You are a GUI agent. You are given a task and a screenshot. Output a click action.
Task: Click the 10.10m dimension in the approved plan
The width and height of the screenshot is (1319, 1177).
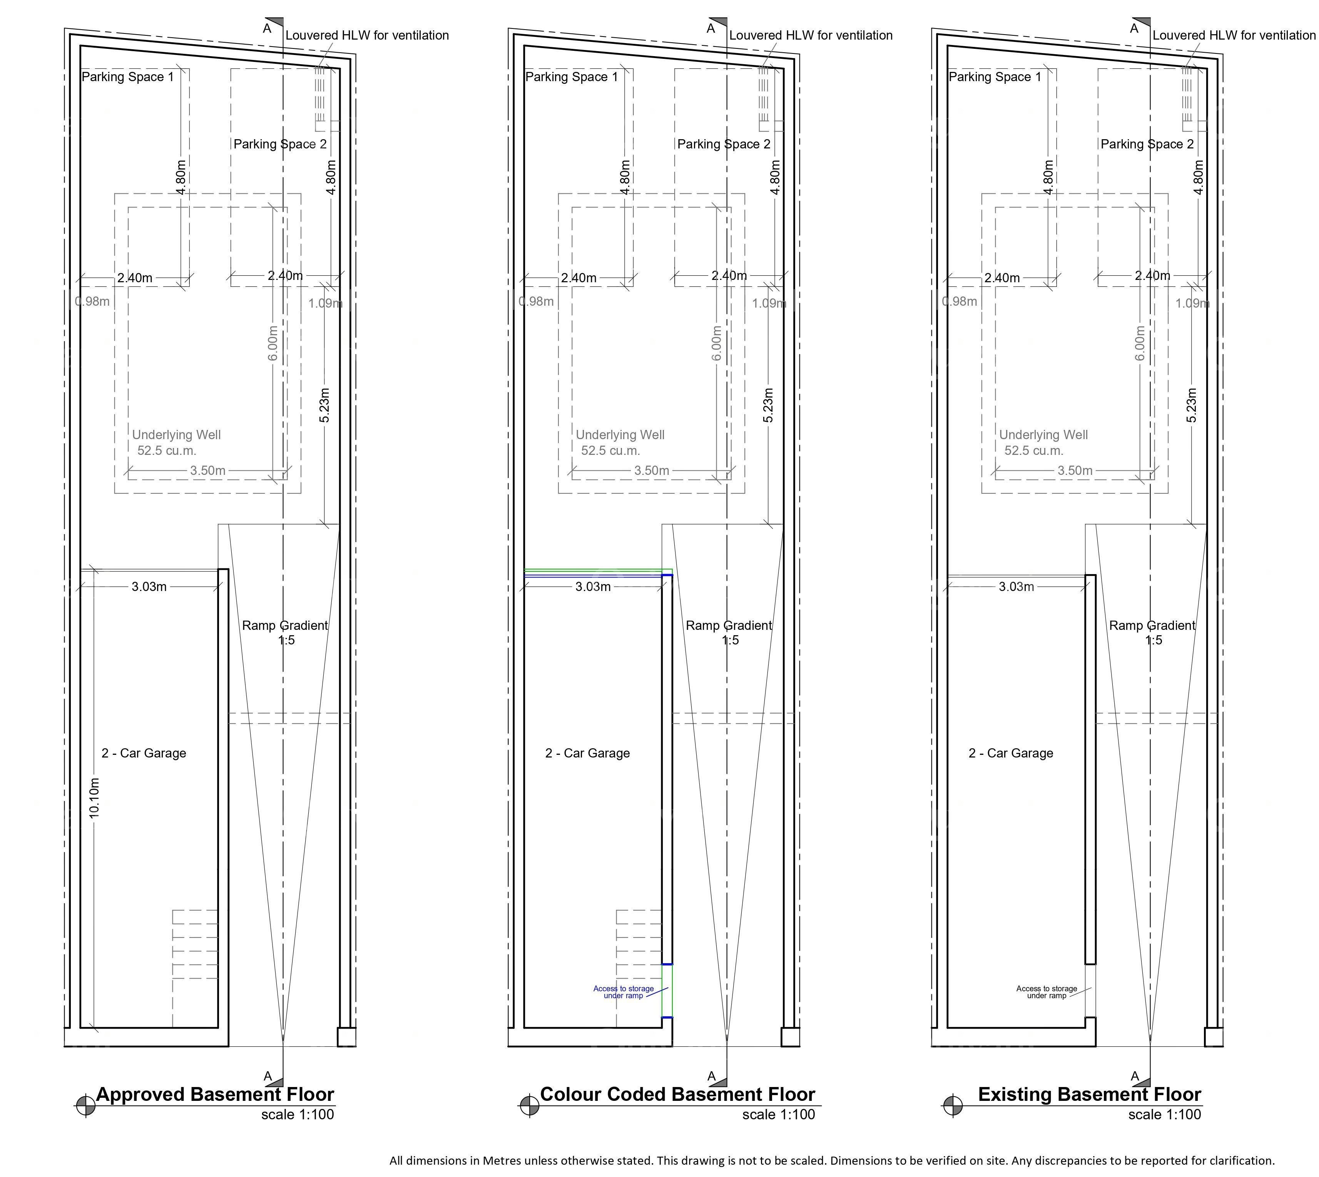[95, 799]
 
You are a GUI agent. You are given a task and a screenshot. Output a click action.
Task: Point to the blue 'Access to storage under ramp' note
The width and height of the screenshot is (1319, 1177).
[623, 992]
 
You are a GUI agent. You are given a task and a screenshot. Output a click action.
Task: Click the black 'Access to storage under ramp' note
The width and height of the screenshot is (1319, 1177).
[1047, 992]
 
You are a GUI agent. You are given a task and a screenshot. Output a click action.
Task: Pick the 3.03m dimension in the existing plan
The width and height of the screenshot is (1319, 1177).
[1016, 586]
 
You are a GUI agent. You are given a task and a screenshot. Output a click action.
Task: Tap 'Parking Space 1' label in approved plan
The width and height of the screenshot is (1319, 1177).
[127, 77]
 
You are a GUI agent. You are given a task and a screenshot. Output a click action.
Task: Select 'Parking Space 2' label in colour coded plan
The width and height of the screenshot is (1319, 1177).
[724, 144]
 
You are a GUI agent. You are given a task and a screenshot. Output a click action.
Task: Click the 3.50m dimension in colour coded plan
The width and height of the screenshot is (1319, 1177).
[651, 471]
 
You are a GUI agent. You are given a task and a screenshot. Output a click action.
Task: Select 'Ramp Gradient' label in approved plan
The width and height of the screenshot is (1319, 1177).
[285, 625]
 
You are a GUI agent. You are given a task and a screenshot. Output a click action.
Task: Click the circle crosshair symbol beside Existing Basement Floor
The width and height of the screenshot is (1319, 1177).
[952, 1106]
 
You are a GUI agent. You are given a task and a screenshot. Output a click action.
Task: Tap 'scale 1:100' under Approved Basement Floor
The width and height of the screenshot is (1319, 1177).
[298, 1114]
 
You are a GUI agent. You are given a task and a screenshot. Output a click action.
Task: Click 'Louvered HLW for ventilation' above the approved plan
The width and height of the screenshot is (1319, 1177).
[367, 36]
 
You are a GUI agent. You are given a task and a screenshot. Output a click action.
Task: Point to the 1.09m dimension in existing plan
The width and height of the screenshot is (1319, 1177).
[1192, 303]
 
